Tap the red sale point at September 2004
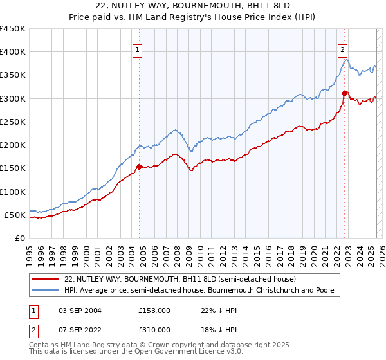139,166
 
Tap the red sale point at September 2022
345,94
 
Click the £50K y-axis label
15,215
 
